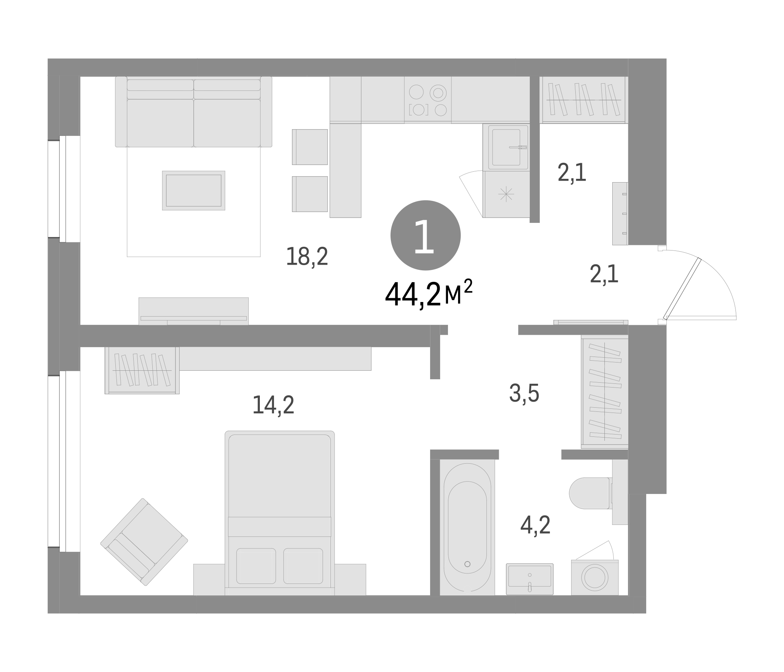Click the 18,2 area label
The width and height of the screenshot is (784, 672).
click(x=307, y=256)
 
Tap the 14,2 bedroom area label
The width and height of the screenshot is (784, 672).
click(x=273, y=405)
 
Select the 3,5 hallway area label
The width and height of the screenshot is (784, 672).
click(x=524, y=393)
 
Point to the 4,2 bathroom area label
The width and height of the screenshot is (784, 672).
click(x=535, y=525)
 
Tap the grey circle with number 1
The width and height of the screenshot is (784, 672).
click(x=425, y=235)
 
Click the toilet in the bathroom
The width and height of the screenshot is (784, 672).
click(x=590, y=493)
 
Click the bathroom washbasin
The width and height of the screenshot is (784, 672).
click(x=529, y=579)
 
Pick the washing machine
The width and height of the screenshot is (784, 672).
click(x=594, y=578)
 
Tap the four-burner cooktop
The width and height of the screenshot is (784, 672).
click(x=427, y=100)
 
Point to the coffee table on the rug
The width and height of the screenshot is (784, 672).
click(x=193, y=190)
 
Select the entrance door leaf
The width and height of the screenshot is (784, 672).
click(x=682, y=289)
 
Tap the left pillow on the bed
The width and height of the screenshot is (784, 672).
click(x=256, y=566)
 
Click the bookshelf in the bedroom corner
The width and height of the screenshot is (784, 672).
click(x=142, y=370)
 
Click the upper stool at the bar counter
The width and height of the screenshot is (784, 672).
click(x=310, y=147)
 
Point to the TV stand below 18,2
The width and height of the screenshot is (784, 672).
click(x=193, y=311)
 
